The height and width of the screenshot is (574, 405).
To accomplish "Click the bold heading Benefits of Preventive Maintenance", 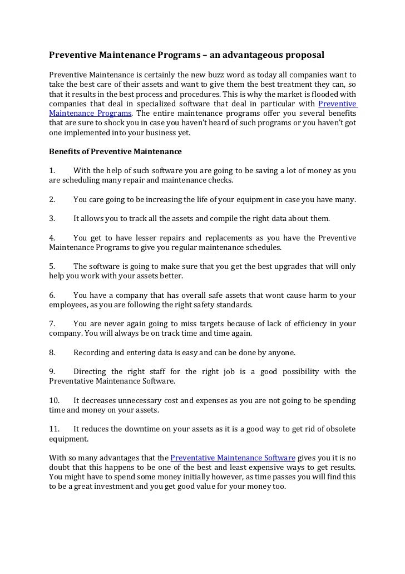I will [115, 151].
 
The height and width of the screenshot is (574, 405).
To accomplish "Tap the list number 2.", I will [52, 199].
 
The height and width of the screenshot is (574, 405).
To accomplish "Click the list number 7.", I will [52, 323].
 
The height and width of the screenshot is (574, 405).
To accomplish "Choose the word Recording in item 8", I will [91, 352].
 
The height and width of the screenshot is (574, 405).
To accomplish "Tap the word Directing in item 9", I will [90, 371].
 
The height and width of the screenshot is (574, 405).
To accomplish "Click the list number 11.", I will [54, 429].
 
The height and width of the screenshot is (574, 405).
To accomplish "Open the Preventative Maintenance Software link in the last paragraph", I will [233, 458].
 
